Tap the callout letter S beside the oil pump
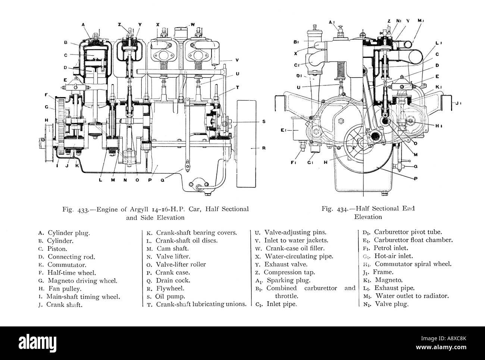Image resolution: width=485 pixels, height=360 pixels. point(263,121)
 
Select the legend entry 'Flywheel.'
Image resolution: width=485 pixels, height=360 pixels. point(167,288)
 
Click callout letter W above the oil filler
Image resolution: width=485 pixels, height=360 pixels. point(193,25)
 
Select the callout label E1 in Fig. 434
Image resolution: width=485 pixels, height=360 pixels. point(284,131)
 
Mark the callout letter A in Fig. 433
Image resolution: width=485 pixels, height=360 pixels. point(84,25)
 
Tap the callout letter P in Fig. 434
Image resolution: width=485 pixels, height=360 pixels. point(416,179)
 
